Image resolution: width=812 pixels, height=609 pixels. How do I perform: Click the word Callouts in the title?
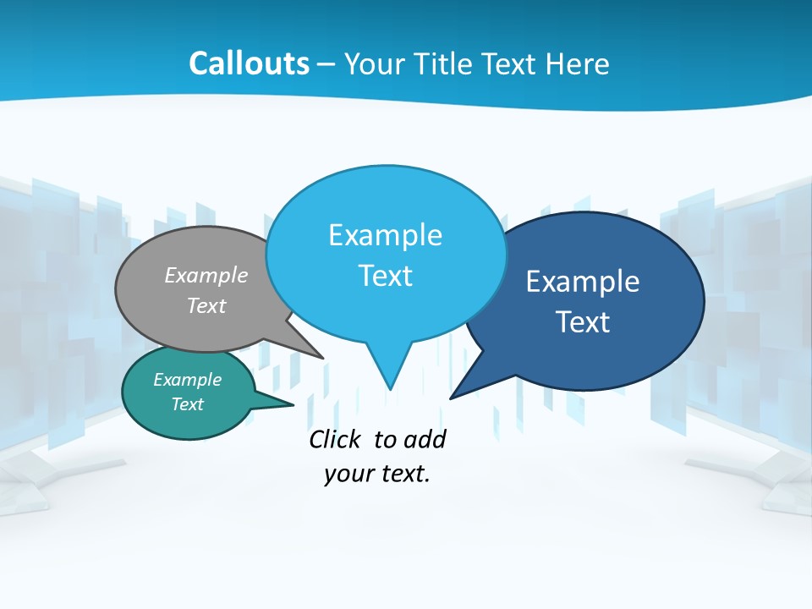[249, 63]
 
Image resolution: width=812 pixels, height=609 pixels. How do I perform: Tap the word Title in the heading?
[446, 63]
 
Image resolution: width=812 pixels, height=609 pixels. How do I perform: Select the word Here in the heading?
[579, 63]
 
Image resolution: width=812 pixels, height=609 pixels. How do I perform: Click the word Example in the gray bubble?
[206, 275]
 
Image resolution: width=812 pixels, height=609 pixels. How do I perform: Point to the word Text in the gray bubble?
[206, 305]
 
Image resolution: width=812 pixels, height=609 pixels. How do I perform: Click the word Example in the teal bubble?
[187, 380]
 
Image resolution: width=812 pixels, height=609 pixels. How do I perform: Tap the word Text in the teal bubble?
[187, 404]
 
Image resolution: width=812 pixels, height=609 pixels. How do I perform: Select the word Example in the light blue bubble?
[385, 235]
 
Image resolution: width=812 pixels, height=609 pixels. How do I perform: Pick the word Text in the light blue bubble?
[385, 276]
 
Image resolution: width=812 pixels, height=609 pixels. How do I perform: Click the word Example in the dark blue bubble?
[583, 282]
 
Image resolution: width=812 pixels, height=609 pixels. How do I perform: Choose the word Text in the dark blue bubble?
[583, 322]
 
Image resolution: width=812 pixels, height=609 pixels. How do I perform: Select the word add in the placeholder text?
[424, 439]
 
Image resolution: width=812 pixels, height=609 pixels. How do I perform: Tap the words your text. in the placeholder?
[377, 474]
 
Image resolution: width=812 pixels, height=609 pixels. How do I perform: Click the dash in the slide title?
[327, 64]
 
